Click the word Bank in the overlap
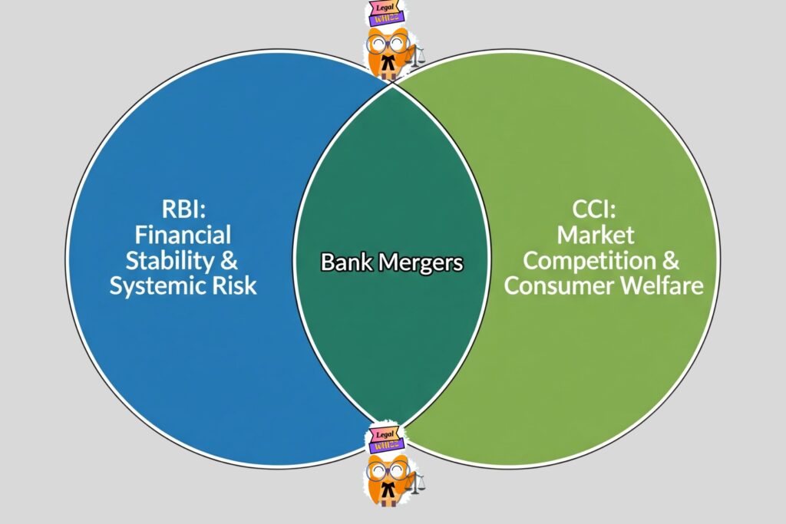click(345, 262)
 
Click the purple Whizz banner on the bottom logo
click(386, 444)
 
